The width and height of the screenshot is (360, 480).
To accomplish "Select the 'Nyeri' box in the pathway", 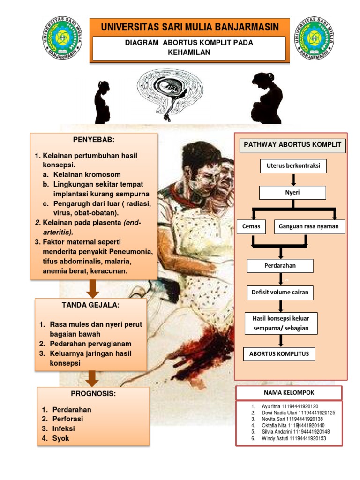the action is point(293,193).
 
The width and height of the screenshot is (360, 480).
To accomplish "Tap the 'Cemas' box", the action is point(251,227).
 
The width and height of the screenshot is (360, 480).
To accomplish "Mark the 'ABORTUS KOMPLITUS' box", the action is point(279,354).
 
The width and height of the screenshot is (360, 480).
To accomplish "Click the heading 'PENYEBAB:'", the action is point(94,140).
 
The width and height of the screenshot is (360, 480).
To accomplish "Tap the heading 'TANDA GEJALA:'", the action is point(91,305).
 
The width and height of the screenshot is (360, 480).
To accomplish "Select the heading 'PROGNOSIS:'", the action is point(93,394).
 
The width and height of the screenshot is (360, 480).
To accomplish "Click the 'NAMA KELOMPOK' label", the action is point(289,393).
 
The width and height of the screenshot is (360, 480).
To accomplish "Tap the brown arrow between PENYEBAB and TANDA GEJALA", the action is point(93,289).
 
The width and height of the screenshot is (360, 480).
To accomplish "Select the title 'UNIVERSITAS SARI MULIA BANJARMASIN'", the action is point(189,27).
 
